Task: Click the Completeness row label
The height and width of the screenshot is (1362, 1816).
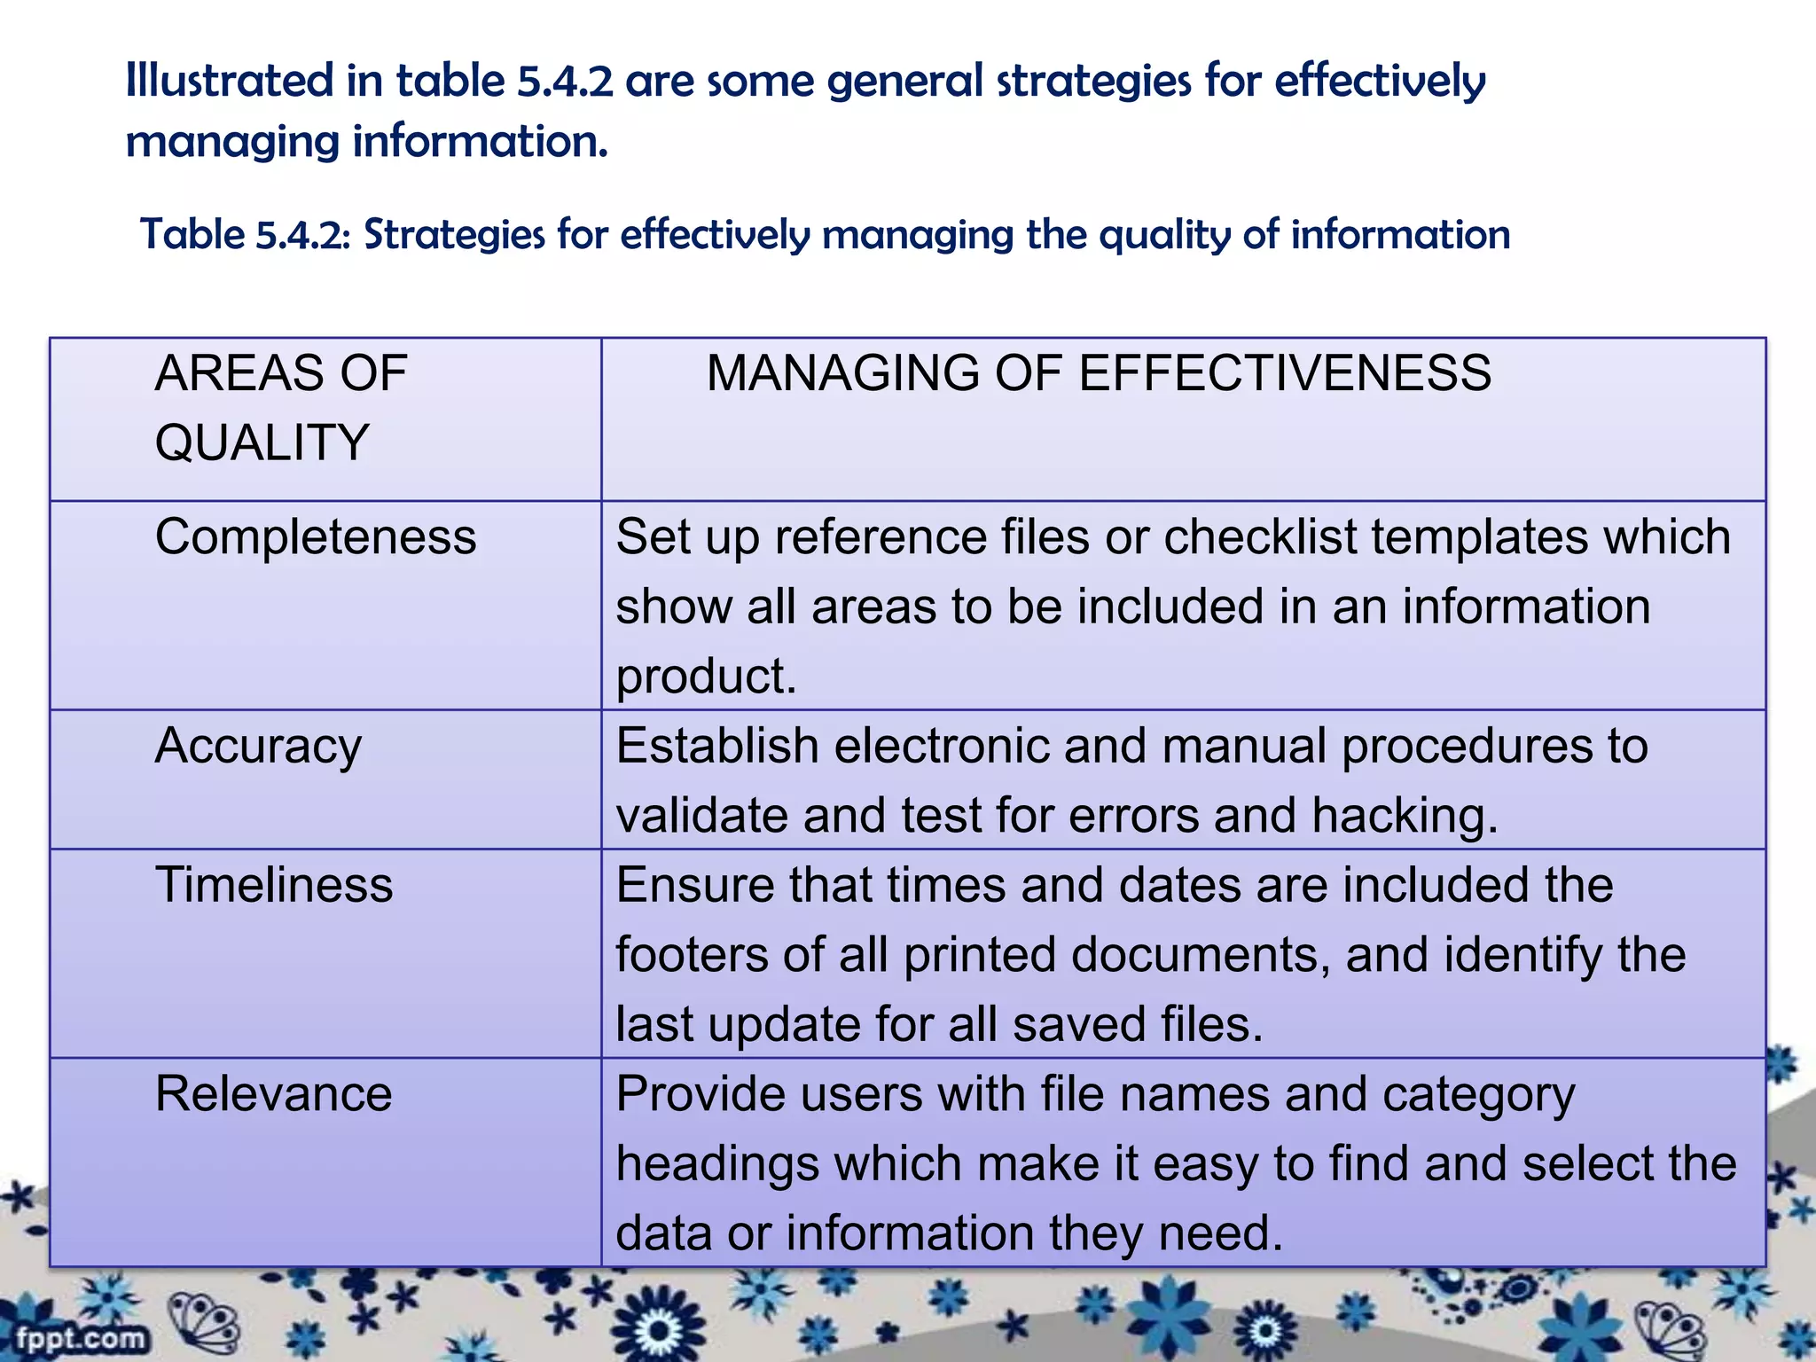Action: pyautogui.click(x=316, y=537)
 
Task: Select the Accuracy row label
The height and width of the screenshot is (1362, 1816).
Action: pyautogui.click(x=258, y=747)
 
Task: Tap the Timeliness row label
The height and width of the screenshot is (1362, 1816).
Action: pyautogui.click(x=273, y=885)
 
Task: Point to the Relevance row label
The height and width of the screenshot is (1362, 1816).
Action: pyautogui.click(x=273, y=1093)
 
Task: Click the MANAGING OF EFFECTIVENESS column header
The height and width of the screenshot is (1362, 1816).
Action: pyautogui.click(x=1099, y=372)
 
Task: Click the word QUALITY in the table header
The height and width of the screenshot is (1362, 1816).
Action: pyautogui.click(x=262, y=442)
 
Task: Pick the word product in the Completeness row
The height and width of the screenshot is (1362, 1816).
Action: pyautogui.click(x=706, y=677)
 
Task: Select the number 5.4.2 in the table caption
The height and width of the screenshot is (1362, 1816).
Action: pyautogui.click(x=303, y=235)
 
